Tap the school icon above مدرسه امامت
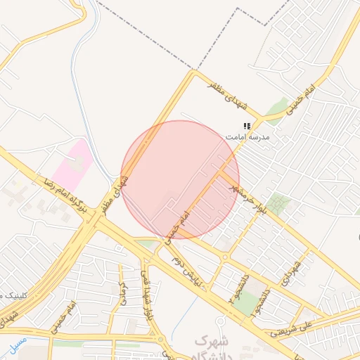click(x=247, y=126)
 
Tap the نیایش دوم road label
click(x=188, y=271)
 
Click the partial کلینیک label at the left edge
click(x=11, y=294)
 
